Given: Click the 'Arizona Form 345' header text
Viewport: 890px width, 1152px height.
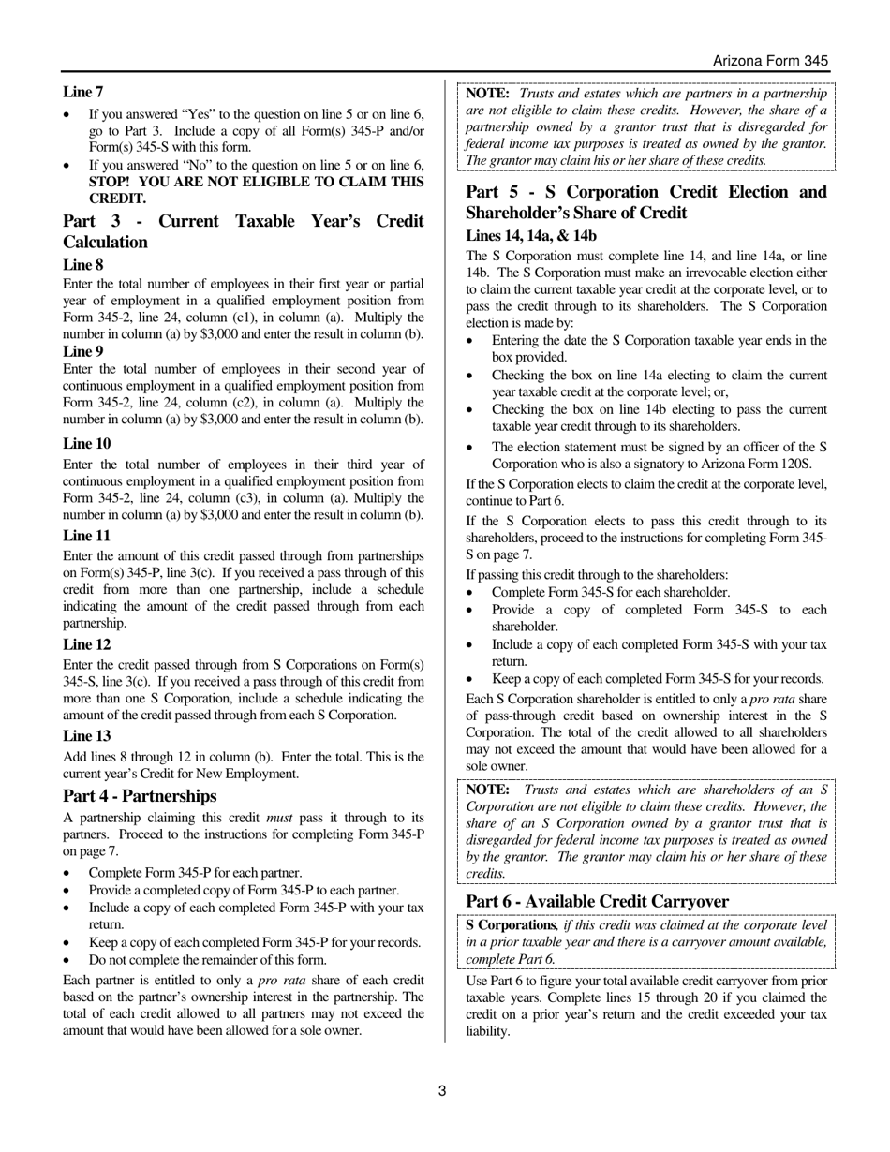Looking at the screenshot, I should (x=770, y=61).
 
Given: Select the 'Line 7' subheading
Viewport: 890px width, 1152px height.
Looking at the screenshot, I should (x=83, y=92).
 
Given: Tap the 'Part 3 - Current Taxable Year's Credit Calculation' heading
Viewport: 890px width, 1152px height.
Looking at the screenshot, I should (x=243, y=231).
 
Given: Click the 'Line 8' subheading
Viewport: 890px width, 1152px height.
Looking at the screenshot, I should (x=83, y=265).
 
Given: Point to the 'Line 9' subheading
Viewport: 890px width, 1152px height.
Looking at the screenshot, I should (x=83, y=351).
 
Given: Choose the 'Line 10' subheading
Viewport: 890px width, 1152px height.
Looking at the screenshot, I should (x=86, y=443).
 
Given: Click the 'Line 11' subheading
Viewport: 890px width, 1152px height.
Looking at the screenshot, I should (x=86, y=536).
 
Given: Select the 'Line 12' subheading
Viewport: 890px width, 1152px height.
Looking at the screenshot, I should (x=86, y=644).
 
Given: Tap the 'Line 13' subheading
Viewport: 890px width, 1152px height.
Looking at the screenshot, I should (x=86, y=736).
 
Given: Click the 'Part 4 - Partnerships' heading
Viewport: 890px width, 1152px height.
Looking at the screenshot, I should (x=140, y=796).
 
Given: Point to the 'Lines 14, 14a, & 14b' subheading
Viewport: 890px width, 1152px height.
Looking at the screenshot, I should (x=531, y=236).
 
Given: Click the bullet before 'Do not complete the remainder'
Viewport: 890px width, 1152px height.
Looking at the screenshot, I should (x=67, y=960).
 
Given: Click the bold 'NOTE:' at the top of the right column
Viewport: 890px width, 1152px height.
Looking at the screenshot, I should (x=487, y=94).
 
